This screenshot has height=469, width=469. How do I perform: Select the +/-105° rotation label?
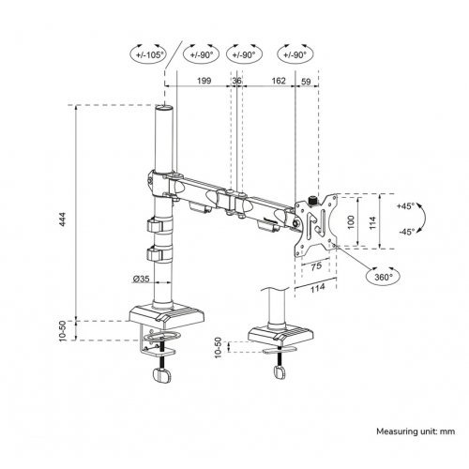click(x=149, y=54)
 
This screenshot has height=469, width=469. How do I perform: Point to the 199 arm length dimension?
click(x=198, y=81)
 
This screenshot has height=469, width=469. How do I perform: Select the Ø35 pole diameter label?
click(x=142, y=279)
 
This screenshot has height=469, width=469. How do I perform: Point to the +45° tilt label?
click(x=405, y=204)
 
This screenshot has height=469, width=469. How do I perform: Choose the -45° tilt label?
click(x=405, y=231)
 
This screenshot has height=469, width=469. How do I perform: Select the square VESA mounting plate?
click(x=322, y=222)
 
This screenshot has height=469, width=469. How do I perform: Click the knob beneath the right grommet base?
click(x=278, y=371)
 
